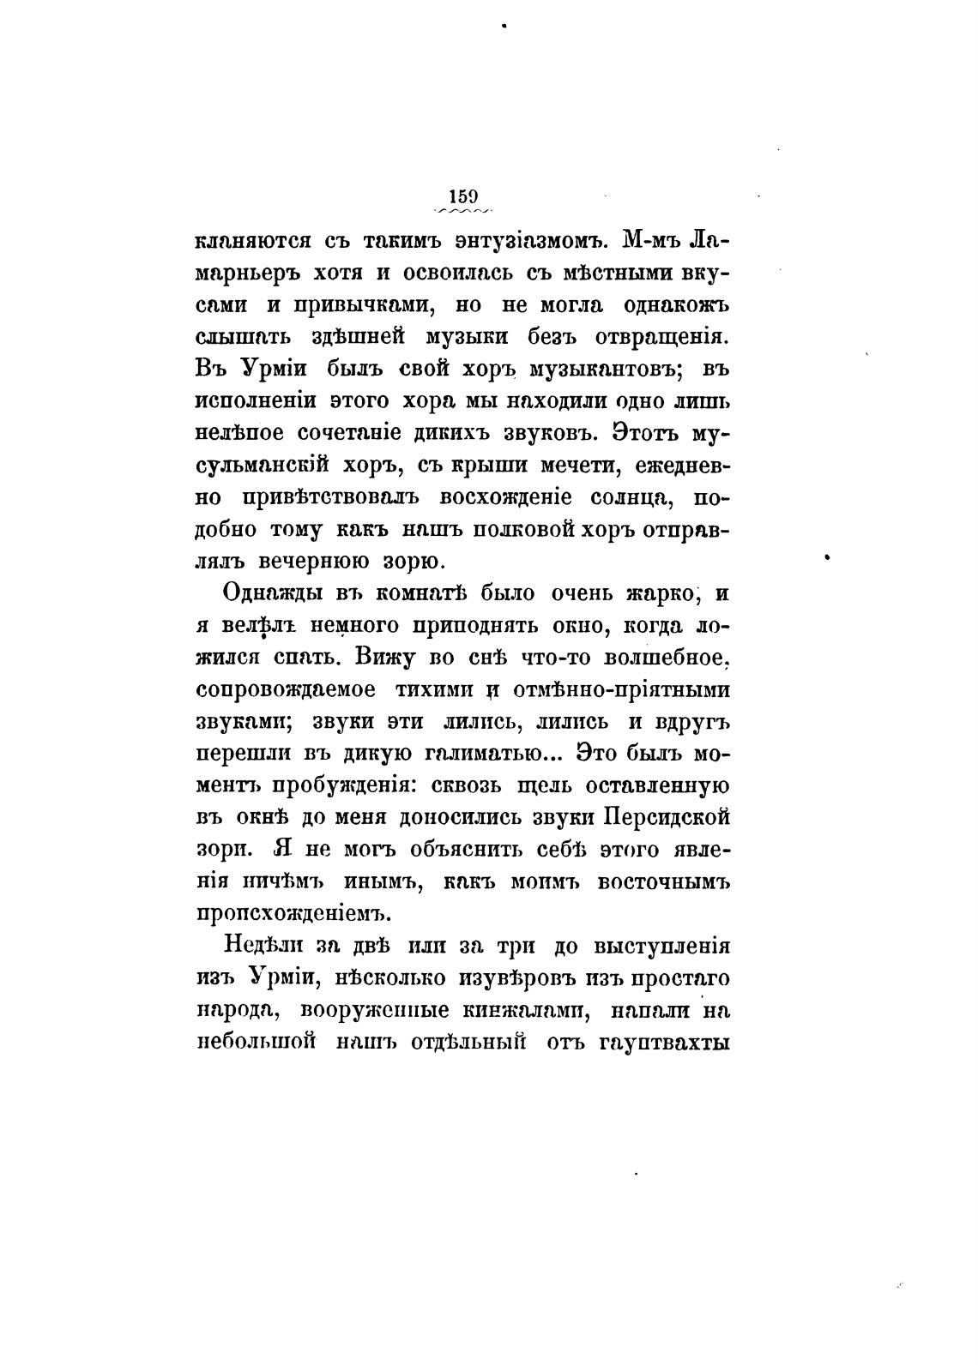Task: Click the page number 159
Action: (462, 195)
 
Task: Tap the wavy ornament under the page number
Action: (463, 211)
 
